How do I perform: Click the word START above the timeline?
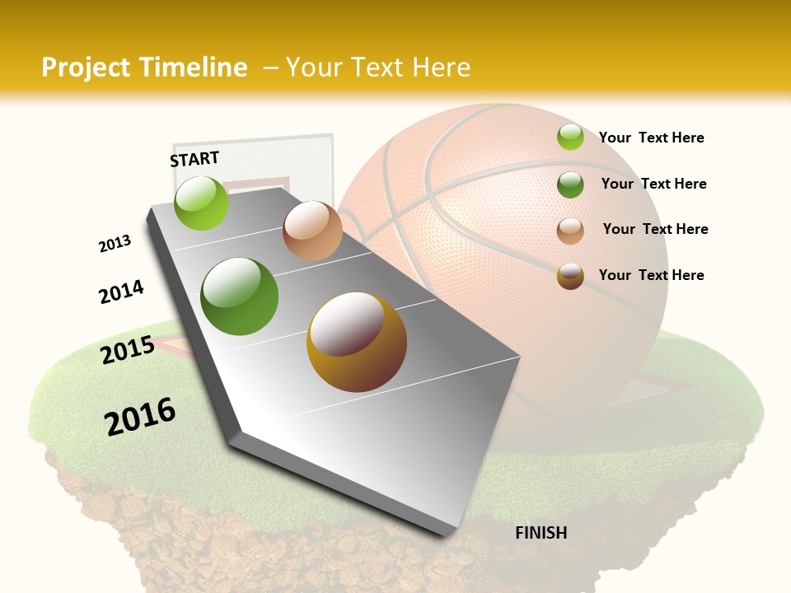[x=194, y=158]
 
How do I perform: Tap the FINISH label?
[x=541, y=533]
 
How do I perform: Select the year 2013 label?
[x=115, y=244]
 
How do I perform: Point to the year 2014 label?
[x=121, y=292]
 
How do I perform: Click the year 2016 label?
[x=140, y=417]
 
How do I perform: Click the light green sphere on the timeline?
[x=201, y=203]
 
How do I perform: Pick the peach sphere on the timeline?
[x=312, y=231]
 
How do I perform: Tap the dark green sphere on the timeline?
[x=240, y=296]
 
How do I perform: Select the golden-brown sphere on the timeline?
[x=357, y=342]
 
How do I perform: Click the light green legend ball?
[x=570, y=137]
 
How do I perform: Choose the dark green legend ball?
[x=570, y=184]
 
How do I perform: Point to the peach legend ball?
[x=570, y=230]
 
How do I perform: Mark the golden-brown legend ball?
[x=570, y=276]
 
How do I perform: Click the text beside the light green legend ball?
[x=651, y=138]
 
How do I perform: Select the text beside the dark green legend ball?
[x=653, y=184]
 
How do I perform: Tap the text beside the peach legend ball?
[x=655, y=229]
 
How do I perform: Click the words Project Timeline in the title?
[x=144, y=68]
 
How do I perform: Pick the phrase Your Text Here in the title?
[x=377, y=68]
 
